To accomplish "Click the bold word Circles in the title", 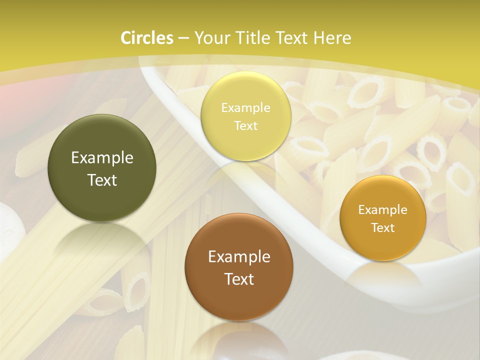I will pos(147,38).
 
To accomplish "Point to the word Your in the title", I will pos(210,38).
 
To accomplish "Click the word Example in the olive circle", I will pos(102,158).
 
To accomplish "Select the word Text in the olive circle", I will pos(102,180).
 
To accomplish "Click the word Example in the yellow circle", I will pos(245,108).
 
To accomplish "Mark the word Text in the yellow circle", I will pos(245,125).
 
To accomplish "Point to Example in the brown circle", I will pos(239,257).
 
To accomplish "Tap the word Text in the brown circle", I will pos(239,279).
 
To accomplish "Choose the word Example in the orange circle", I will pos(383,210).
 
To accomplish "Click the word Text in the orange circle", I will pos(383,227).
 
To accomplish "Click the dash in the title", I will pos(183,38).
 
